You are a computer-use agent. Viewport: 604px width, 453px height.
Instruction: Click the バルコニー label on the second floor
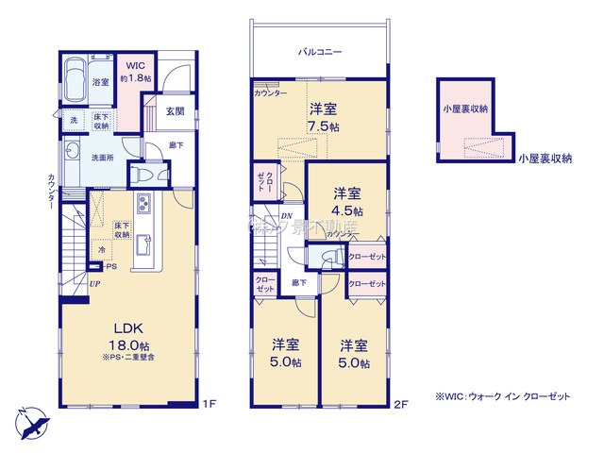(x=320, y=53)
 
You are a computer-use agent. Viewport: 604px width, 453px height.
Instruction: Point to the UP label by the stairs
(x=95, y=283)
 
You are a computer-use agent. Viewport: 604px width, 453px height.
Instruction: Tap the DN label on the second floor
(x=287, y=216)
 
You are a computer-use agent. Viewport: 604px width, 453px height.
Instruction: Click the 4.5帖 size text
(x=347, y=210)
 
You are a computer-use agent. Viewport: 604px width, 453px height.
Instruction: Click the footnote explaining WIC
(x=502, y=397)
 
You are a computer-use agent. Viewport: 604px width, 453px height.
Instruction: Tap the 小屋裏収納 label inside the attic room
(x=465, y=109)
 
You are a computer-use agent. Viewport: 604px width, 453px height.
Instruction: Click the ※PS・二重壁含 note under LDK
(x=130, y=357)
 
